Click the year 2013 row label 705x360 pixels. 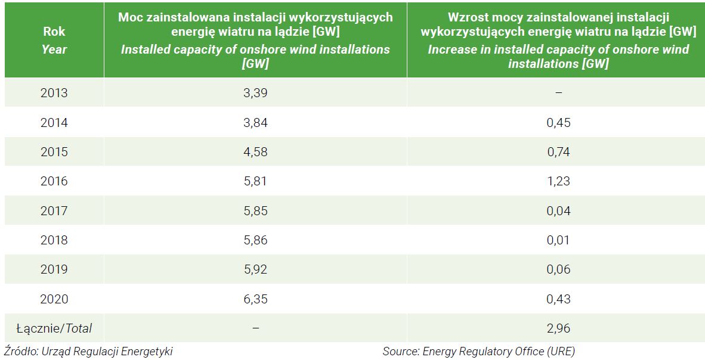(x=54, y=93)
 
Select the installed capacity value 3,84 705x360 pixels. (x=255, y=123)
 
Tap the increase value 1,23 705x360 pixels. (x=558, y=181)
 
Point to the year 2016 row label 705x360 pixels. (x=54, y=181)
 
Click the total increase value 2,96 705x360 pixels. (x=558, y=328)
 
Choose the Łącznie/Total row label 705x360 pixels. (x=54, y=328)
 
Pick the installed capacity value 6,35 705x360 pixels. (x=255, y=299)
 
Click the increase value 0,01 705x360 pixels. (x=558, y=240)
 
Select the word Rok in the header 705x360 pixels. (x=54, y=32)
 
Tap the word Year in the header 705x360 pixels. (x=54, y=49)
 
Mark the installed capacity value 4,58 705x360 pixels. (x=255, y=152)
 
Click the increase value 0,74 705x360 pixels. (x=558, y=152)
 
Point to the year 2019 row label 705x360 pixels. (x=54, y=269)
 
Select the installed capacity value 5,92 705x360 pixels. (x=255, y=269)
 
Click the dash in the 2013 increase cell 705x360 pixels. (x=558, y=93)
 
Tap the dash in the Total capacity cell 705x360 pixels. (x=255, y=328)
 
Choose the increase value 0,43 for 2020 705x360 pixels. (x=558, y=299)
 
